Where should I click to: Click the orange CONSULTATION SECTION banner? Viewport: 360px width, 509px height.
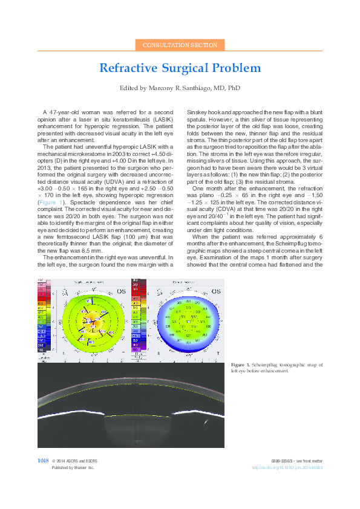pyautogui.click(x=180, y=45)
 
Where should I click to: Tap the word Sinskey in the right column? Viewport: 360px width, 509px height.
pyautogui.click(x=197, y=113)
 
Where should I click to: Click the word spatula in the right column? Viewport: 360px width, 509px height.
pyautogui.click(x=197, y=119)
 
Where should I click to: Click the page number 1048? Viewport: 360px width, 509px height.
pyautogui.click(x=43, y=461)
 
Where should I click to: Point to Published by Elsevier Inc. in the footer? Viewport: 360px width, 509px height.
pyautogui.click(x=73, y=467)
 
